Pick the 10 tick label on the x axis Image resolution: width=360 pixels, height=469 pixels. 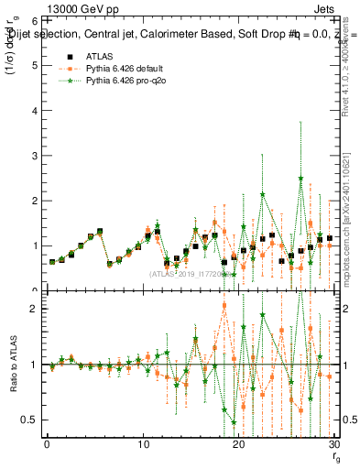[143, 446]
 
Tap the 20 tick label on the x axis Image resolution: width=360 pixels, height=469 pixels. [239, 446]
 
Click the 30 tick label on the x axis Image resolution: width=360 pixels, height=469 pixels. [334, 446]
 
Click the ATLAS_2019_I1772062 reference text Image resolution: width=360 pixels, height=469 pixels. [191, 274]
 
